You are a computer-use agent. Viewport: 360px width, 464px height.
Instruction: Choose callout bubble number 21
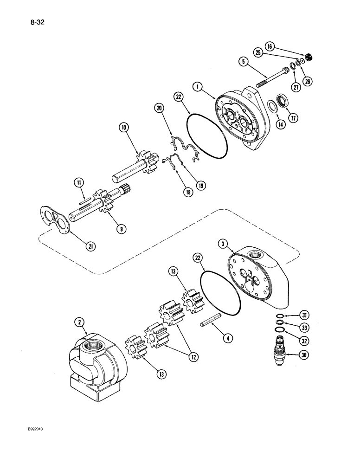[90, 246]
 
